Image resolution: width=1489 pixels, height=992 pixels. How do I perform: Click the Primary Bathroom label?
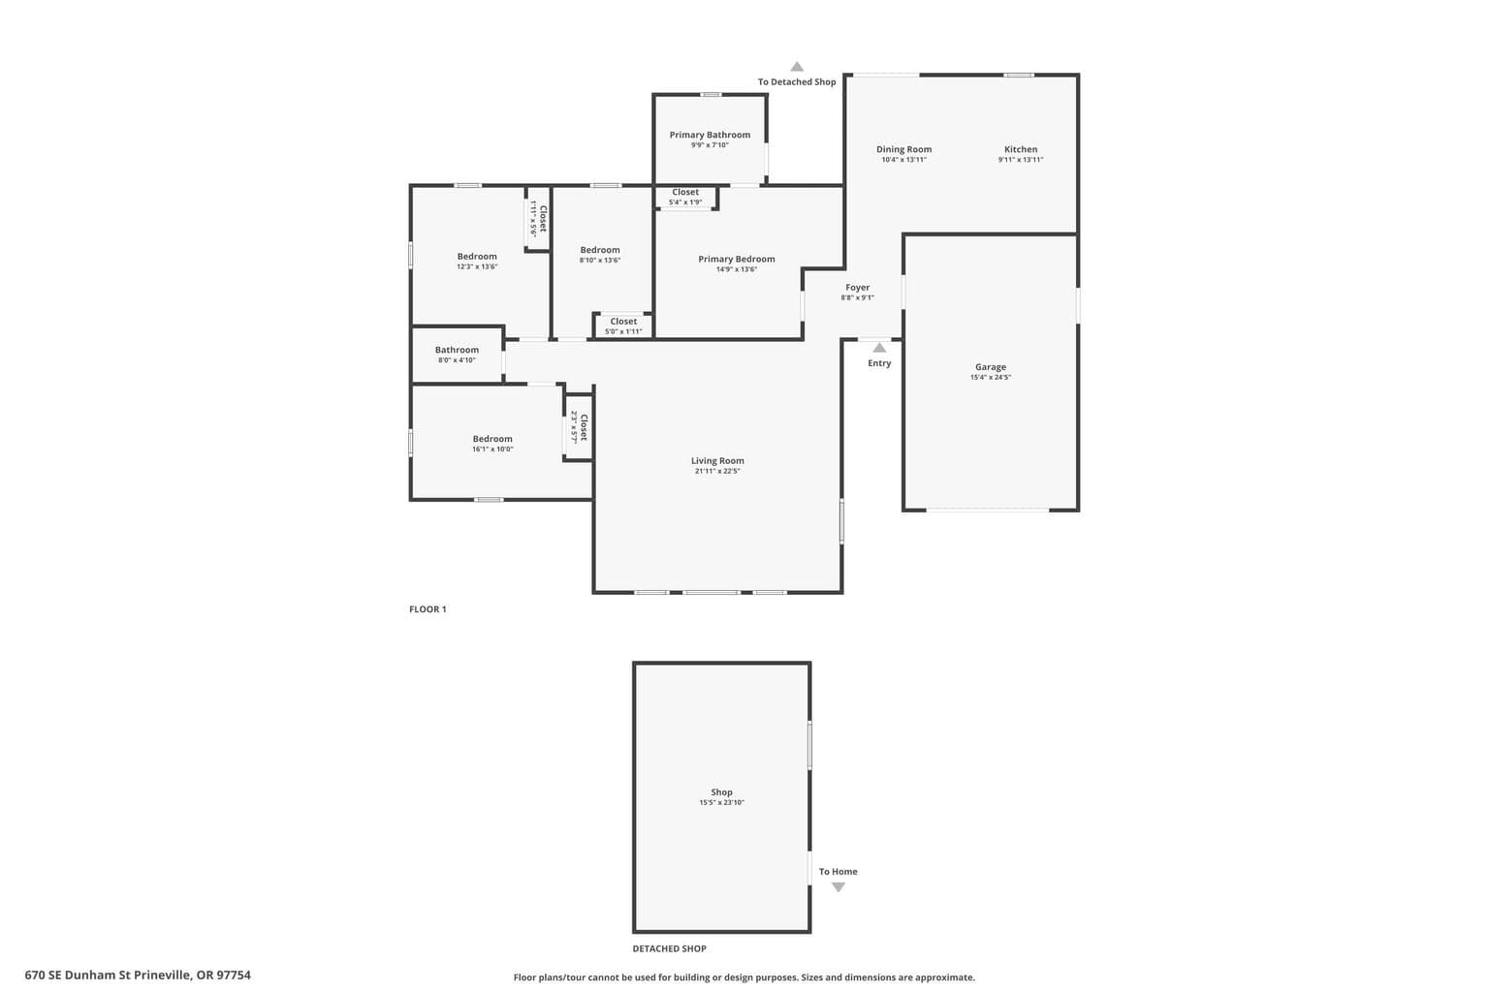coord(710,135)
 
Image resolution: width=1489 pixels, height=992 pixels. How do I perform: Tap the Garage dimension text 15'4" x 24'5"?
coord(991,378)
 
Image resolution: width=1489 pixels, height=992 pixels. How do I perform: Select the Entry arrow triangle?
coord(879,348)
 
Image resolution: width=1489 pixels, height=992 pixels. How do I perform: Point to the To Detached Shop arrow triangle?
coord(796,67)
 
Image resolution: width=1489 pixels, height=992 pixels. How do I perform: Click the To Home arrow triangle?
coord(839,887)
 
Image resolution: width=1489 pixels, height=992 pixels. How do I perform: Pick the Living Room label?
coord(717,460)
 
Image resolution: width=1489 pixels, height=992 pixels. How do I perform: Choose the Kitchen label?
coord(1021,149)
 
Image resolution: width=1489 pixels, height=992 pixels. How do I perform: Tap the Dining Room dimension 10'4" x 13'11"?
coord(903,160)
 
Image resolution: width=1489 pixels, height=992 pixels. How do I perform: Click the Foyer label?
coord(857,288)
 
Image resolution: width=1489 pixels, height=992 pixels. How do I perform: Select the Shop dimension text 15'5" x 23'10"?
coord(721,803)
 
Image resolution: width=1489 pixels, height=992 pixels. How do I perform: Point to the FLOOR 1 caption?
coord(428,609)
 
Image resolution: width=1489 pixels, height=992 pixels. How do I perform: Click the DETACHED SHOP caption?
coord(669,948)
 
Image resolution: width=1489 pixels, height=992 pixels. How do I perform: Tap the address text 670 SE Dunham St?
coord(78,976)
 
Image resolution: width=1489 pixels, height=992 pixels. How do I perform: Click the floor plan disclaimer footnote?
coord(744,977)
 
